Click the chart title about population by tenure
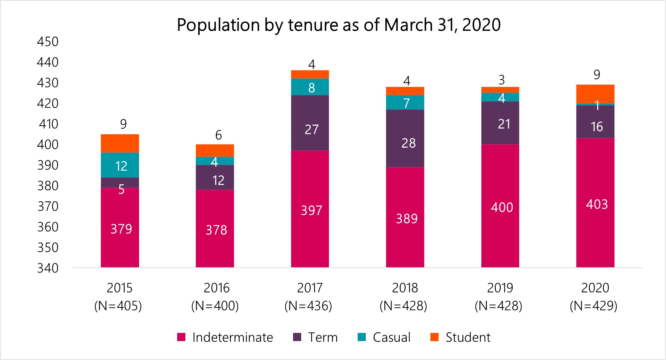click(338, 25)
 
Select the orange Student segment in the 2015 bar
click(120, 143)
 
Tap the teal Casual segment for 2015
click(120, 165)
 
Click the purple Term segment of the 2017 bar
click(310, 123)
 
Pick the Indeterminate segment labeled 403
click(595, 203)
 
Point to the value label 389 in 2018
click(407, 219)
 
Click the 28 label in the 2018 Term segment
click(408, 143)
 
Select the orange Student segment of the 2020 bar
click(595, 94)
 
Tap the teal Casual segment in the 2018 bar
click(405, 102)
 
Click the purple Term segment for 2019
click(500, 123)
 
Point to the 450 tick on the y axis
click(48, 42)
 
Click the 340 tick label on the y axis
click(48, 268)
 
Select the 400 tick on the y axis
click(48, 145)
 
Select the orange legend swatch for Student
click(434, 337)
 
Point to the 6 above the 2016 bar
click(218, 135)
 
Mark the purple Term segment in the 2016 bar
click(215, 178)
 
